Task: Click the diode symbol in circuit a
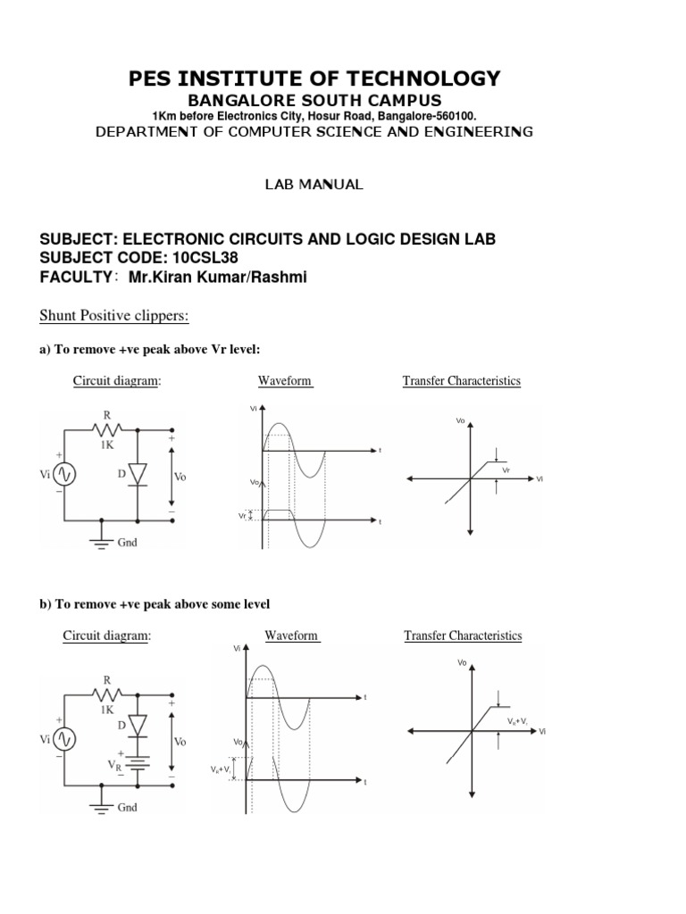pos(138,474)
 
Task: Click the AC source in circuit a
pos(66,474)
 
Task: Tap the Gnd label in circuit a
pos(128,543)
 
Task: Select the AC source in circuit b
pos(65,738)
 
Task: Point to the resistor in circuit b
pos(106,693)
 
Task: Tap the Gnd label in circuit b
pos(128,806)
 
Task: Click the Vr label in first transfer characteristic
pos(506,469)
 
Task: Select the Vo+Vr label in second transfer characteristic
pos(518,719)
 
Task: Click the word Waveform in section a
pos(285,381)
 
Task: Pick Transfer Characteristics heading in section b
pos(463,636)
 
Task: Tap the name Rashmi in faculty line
pos(281,278)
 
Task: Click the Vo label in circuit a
pos(180,477)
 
